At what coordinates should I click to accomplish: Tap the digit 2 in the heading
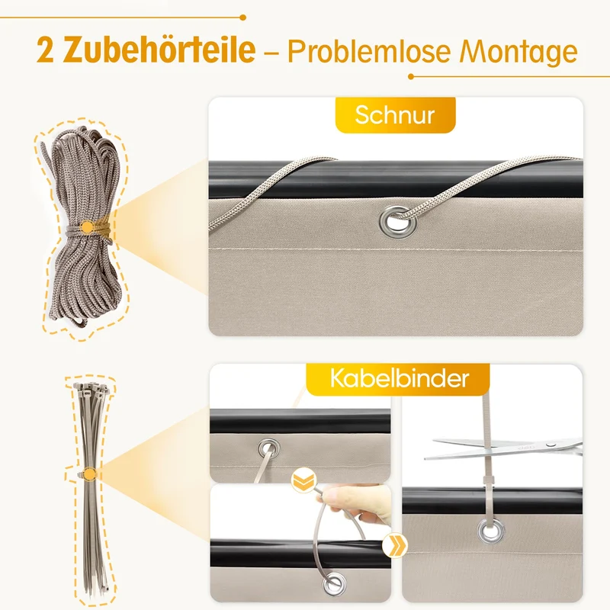pyautogui.click(x=45, y=50)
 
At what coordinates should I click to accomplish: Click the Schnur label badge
pyautogui.click(x=395, y=115)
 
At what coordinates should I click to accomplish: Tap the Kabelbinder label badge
pyautogui.click(x=397, y=379)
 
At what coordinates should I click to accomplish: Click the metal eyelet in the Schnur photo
pyautogui.click(x=397, y=221)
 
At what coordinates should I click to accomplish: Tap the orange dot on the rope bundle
pyautogui.click(x=88, y=226)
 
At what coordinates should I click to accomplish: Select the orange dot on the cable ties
pyautogui.click(x=90, y=474)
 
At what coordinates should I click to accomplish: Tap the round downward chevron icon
pyautogui.click(x=303, y=480)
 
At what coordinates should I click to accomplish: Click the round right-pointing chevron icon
pyautogui.click(x=394, y=544)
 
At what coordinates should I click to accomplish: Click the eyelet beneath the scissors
pyautogui.click(x=491, y=531)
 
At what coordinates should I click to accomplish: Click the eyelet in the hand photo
pyautogui.click(x=334, y=583)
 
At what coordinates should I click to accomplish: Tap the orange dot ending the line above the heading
pyautogui.click(x=242, y=18)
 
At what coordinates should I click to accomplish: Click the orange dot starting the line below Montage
pyautogui.click(x=411, y=77)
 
